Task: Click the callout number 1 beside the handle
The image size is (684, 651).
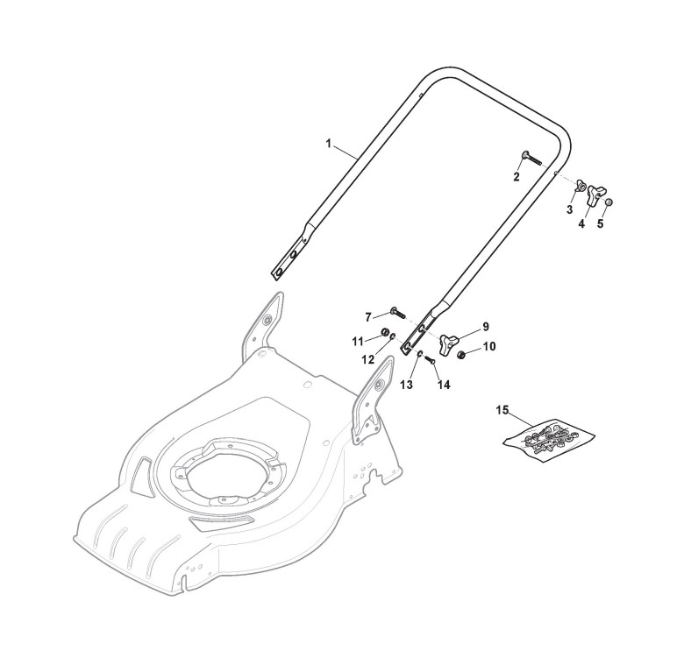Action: tap(329, 142)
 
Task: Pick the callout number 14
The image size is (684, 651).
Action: tap(445, 385)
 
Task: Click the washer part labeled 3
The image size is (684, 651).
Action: tap(579, 187)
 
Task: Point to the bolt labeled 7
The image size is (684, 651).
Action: tap(395, 311)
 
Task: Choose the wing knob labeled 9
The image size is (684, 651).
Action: tap(452, 341)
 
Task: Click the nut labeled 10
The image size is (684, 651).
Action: tap(462, 354)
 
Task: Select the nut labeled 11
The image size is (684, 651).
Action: tap(385, 333)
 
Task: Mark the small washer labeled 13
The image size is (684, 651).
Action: tap(421, 354)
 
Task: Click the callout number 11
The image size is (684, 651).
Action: tap(358, 340)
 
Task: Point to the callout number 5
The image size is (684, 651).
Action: tap(601, 223)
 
